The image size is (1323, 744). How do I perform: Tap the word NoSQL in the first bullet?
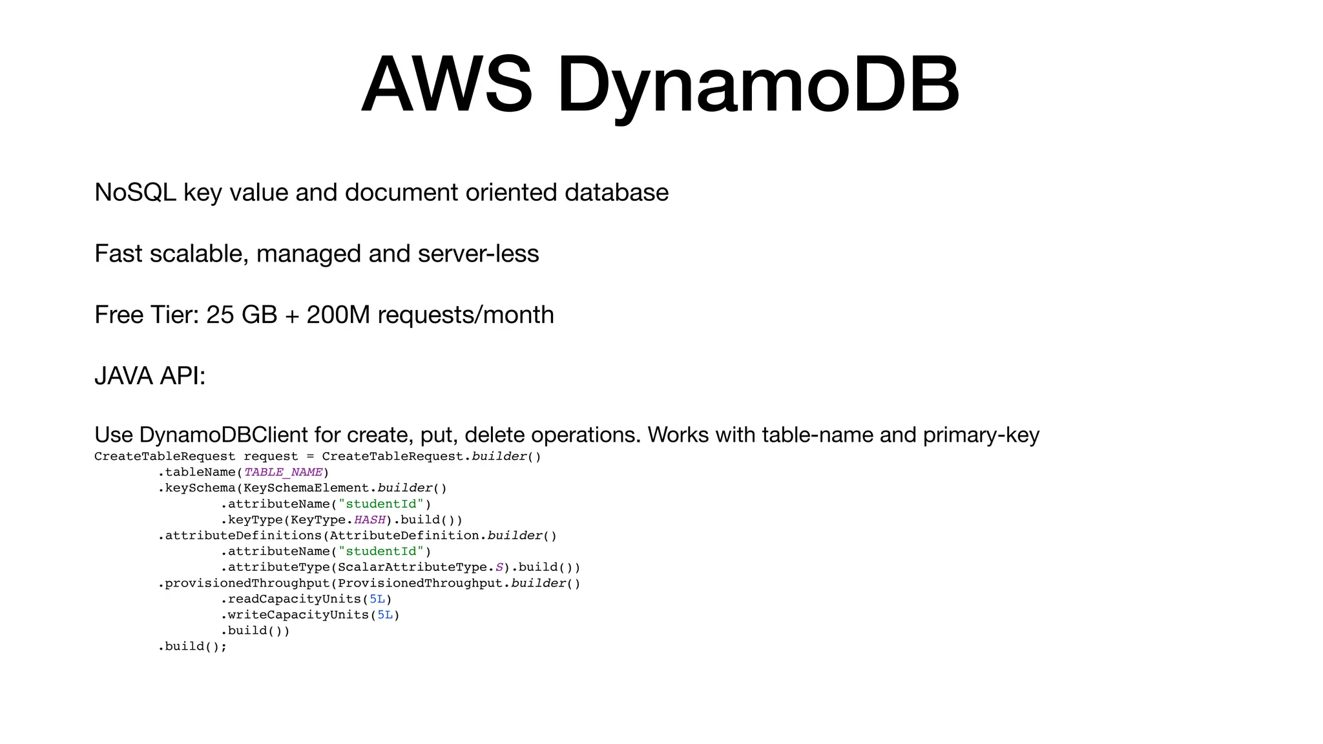point(135,192)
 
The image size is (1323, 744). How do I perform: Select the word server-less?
point(478,254)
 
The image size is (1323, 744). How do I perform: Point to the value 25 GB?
point(242,315)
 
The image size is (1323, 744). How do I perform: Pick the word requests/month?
point(465,315)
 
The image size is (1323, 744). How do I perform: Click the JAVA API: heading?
point(150,376)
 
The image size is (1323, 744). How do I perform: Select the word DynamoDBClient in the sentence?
point(224,435)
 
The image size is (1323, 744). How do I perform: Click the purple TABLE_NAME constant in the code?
point(283,472)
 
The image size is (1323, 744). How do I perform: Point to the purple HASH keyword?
point(370,520)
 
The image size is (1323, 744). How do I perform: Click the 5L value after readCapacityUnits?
point(377,599)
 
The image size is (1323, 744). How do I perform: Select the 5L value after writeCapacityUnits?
point(385,615)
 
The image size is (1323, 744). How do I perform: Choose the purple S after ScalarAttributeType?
point(499,568)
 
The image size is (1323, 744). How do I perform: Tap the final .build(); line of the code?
point(193,646)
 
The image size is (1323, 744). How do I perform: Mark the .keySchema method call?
point(197,488)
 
